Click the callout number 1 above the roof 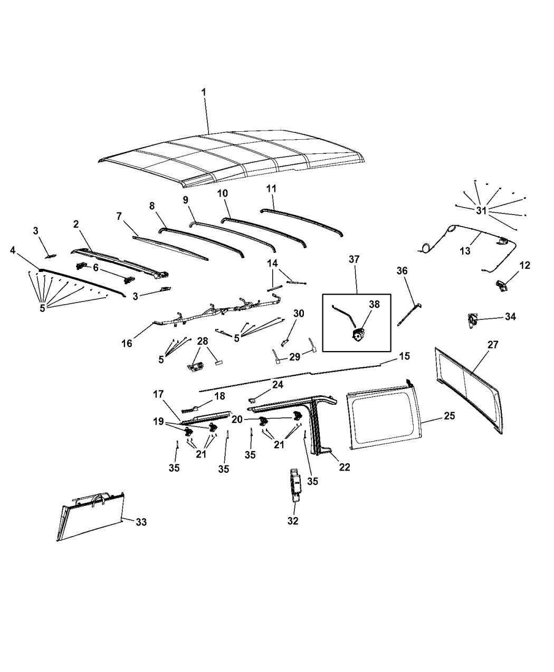pos(204,92)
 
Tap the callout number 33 pos(141,522)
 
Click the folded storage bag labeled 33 pos(90,514)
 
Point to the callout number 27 pos(493,345)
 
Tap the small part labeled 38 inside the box pos(360,334)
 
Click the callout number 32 pos(293,521)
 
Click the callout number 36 pos(402,271)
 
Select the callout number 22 pos(345,466)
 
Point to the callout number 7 pos(119,216)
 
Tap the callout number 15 pos(404,356)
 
